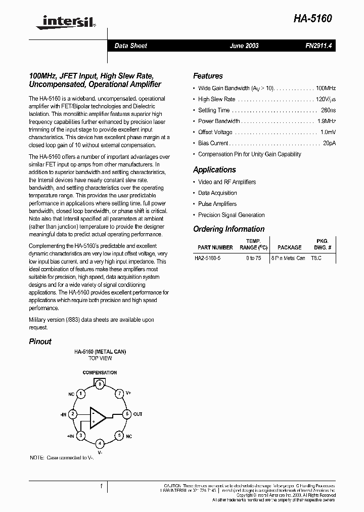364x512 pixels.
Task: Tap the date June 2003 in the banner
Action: [x=244, y=46]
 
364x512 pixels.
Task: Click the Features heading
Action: [x=208, y=76]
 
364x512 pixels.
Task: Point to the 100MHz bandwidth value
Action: [x=326, y=88]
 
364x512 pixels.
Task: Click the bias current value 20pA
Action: [x=330, y=143]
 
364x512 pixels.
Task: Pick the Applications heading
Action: [x=214, y=170]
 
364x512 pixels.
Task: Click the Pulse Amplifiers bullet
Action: [x=217, y=204]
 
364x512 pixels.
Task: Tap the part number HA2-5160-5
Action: [x=207, y=258]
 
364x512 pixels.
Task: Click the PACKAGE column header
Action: [x=289, y=247]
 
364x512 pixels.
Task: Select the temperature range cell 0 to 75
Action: [x=254, y=258]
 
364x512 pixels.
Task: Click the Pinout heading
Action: [x=40, y=342]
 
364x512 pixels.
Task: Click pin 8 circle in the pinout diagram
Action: [x=100, y=385]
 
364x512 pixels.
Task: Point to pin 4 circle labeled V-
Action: [x=100, y=443]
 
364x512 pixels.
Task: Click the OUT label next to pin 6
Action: [x=138, y=414]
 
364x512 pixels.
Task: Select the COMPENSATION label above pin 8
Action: [x=100, y=373]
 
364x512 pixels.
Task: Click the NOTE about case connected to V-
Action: [x=62, y=457]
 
